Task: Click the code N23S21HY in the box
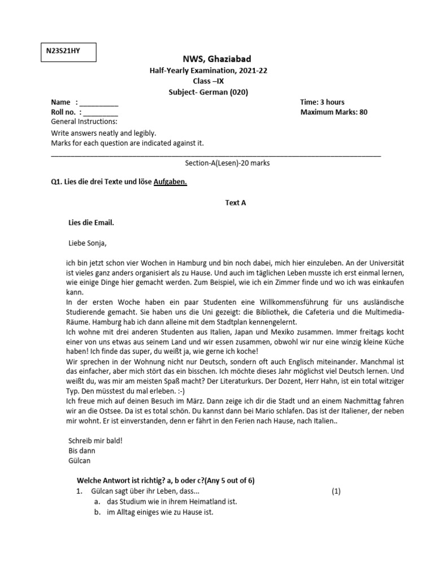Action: [x=63, y=51]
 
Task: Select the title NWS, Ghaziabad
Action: [x=216, y=59]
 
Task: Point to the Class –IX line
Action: [x=216, y=81]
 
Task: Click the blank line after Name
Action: [x=99, y=103]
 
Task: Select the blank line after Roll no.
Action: [x=100, y=113]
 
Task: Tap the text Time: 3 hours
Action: [x=322, y=102]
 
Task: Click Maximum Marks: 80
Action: [x=333, y=112]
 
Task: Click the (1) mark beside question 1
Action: [x=336, y=491]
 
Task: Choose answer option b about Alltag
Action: [x=159, y=513]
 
